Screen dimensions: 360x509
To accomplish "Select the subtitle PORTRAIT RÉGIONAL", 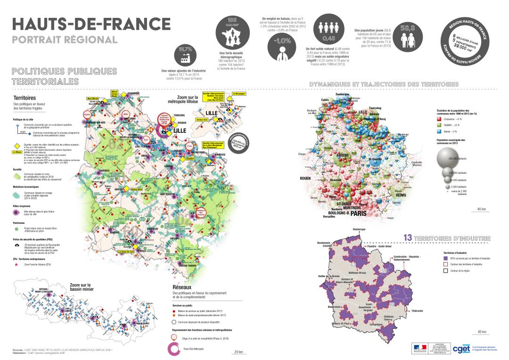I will click(x=65, y=39).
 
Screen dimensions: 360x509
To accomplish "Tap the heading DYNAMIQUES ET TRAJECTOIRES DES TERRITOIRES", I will click(x=384, y=84).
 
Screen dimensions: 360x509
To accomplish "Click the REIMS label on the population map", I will click(x=401, y=195).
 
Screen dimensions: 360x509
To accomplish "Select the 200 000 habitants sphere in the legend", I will click(x=449, y=159).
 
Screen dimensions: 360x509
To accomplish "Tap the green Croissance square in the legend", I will click(x=441, y=119).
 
